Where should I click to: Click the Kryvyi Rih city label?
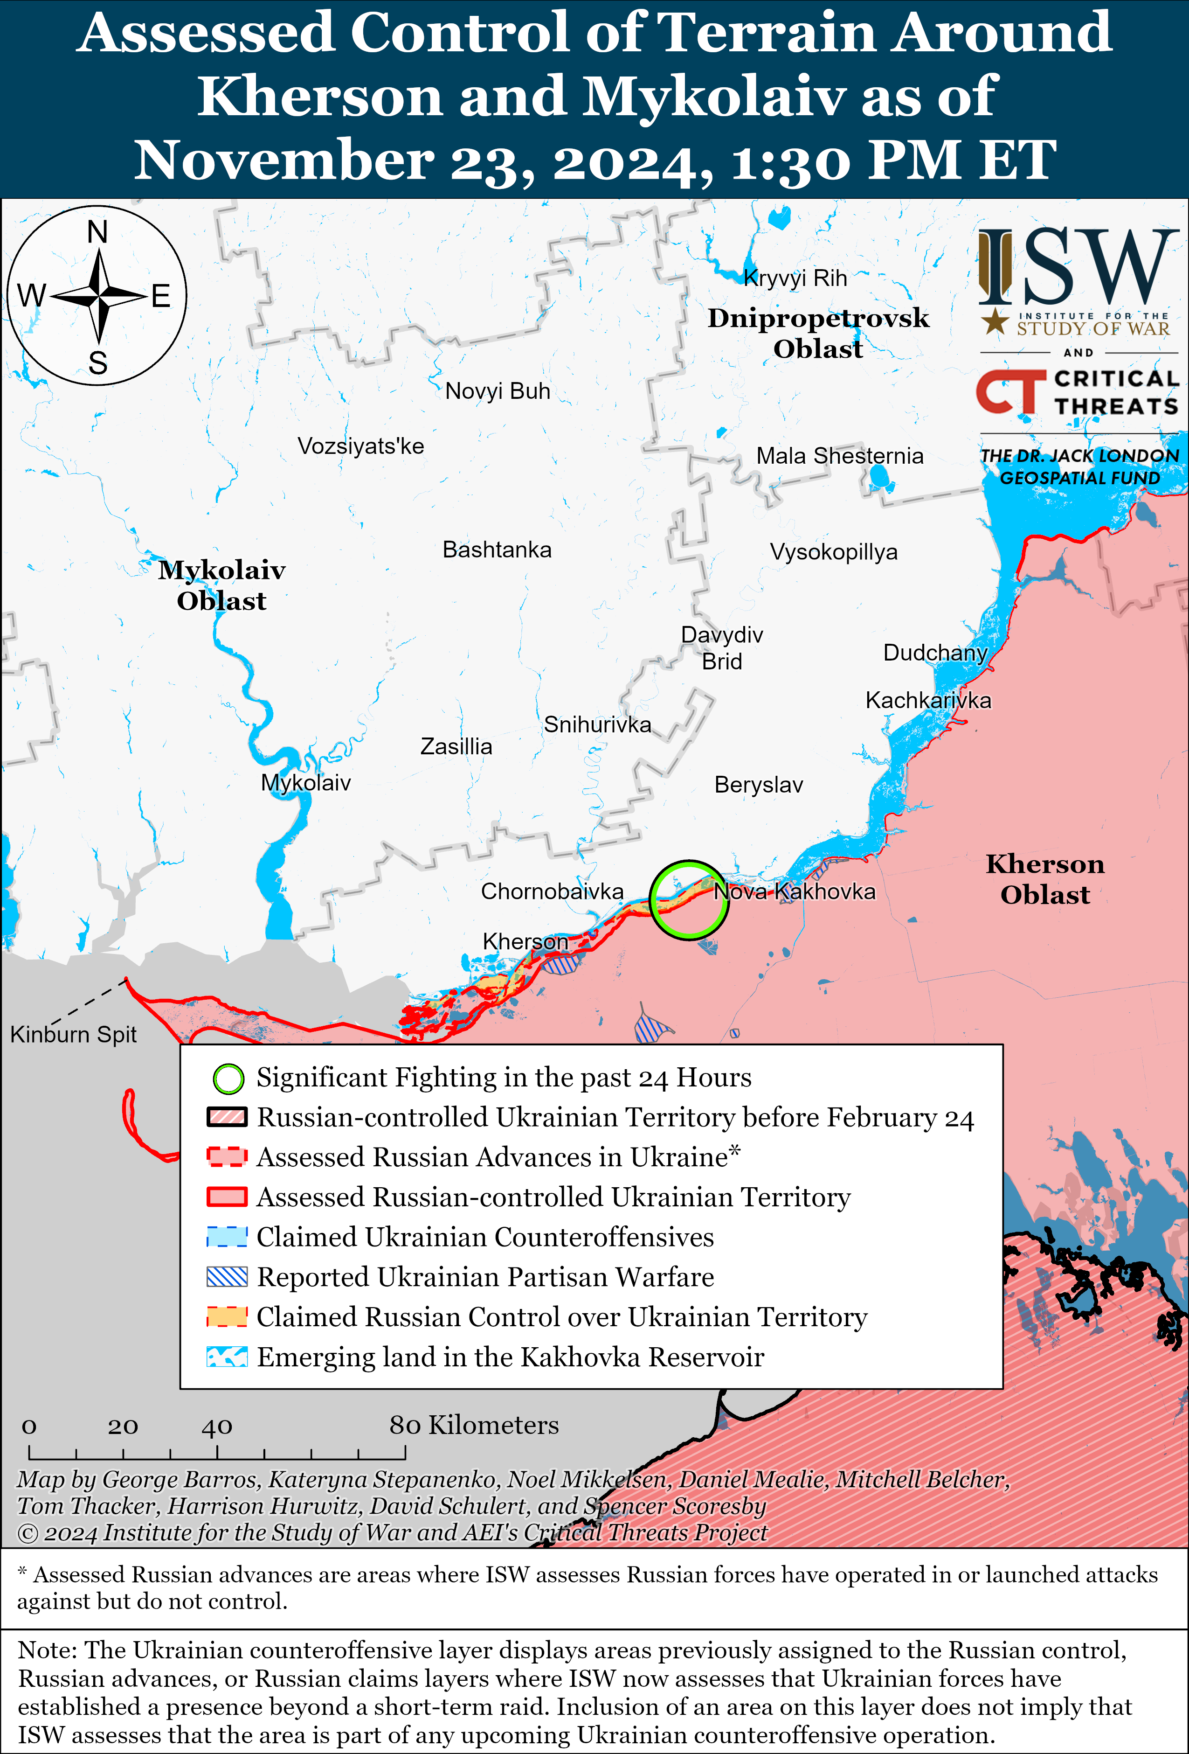click(795, 278)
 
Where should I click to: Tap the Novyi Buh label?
click(497, 391)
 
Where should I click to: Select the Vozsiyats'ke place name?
click(360, 446)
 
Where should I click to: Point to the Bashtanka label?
click(497, 550)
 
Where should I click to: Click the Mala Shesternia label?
click(840, 456)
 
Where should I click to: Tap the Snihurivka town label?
click(597, 724)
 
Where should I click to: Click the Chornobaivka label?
click(552, 891)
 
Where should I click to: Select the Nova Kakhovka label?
click(795, 891)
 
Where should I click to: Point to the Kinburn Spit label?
click(73, 1034)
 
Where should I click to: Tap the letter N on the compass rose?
click(97, 232)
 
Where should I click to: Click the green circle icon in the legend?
click(228, 1079)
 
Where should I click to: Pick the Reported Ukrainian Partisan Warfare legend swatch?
click(227, 1277)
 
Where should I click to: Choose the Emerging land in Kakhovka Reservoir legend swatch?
click(227, 1357)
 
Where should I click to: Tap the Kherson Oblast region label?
click(1045, 879)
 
